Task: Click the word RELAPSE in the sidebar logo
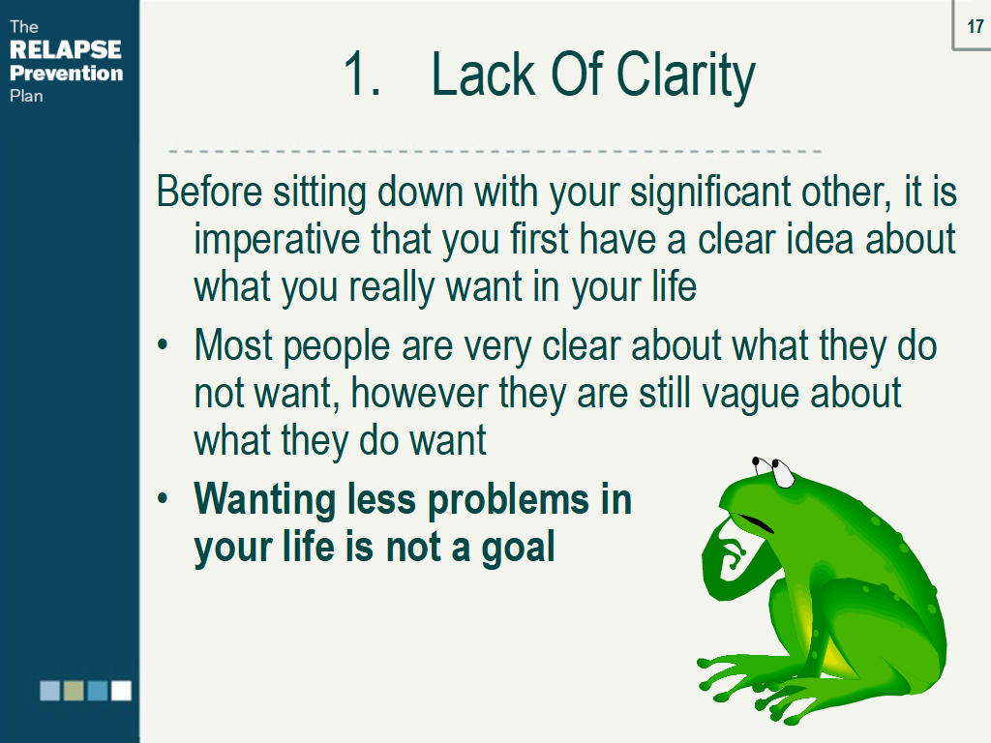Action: click(x=66, y=50)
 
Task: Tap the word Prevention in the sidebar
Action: click(x=67, y=74)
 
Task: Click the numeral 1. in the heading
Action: click(x=363, y=75)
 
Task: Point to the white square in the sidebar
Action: click(x=121, y=690)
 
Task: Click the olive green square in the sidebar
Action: click(x=75, y=690)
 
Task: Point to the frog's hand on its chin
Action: click(x=727, y=561)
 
